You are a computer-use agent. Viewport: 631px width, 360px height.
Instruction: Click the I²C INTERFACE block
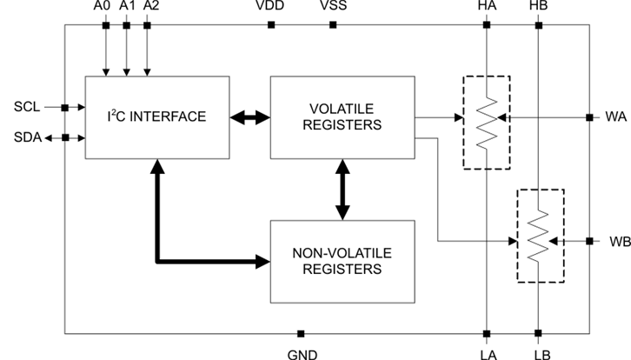pyautogui.click(x=157, y=117)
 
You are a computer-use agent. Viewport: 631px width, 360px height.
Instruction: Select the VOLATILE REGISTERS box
pyautogui.click(x=343, y=117)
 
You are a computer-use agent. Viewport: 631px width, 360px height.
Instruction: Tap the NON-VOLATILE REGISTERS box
pyautogui.click(x=343, y=260)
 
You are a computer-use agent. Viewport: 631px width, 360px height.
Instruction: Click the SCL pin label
pyautogui.click(x=27, y=108)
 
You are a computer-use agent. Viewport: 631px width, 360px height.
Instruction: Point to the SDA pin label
pyautogui.click(x=27, y=137)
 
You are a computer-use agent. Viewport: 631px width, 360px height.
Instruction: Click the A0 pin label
pyautogui.click(x=103, y=7)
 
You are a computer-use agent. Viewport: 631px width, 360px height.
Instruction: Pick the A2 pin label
pyautogui.click(x=150, y=7)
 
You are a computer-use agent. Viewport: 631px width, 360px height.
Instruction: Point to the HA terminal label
pyautogui.click(x=487, y=7)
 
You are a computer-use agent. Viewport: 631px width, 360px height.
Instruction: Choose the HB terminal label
pyautogui.click(x=538, y=7)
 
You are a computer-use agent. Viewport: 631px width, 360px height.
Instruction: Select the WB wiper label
pyautogui.click(x=616, y=240)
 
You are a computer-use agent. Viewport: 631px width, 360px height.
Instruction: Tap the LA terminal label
pyautogui.click(x=487, y=353)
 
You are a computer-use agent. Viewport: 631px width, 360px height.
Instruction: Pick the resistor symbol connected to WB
pyautogui.click(x=540, y=236)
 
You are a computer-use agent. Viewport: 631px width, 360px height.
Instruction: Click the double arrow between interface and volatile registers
pyautogui.click(x=250, y=117)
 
